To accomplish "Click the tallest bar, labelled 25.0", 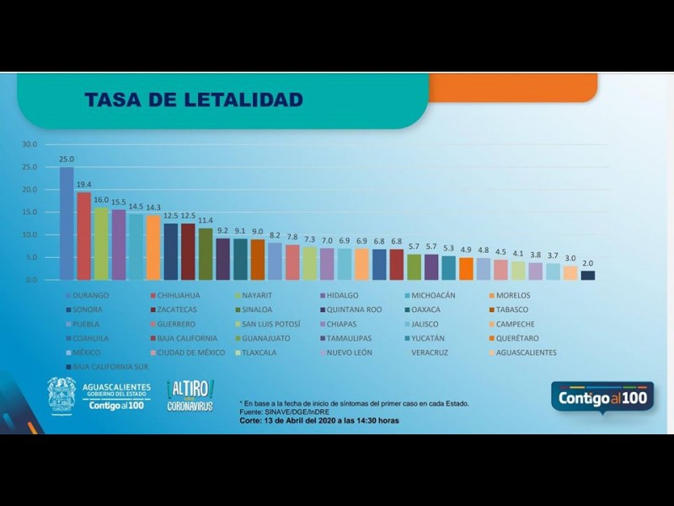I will [x=67, y=223].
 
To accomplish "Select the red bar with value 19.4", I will [x=84, y=236].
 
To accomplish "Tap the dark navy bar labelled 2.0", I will [x=588, y=275].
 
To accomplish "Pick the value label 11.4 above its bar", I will [x=206, y=220].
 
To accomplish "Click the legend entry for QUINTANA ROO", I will [x=355, y=310].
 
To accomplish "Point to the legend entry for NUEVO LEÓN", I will [x=354, y=353].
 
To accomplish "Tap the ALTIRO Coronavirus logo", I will [x=190, y=395].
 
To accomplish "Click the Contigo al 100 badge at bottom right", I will [x=602, y=396].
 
